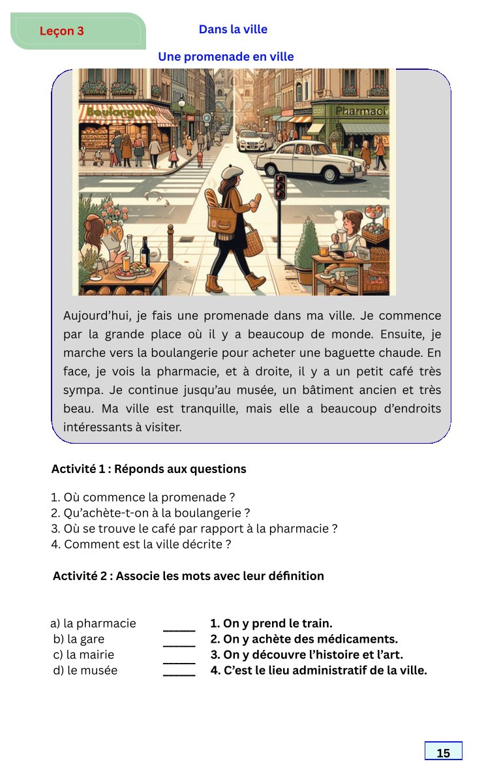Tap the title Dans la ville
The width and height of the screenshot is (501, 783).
coord(233,29)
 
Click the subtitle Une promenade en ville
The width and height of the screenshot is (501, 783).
coord(226,57)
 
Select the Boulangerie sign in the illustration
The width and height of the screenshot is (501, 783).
coord(121,112)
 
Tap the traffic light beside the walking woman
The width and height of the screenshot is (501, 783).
coord(281,187)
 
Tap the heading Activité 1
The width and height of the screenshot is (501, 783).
coord(149,469)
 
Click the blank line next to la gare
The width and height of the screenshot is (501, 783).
coord(179,641)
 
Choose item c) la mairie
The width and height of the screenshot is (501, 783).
coord(83,654)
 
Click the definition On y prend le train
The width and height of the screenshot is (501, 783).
coord(271,623)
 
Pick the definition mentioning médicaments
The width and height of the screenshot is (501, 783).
coord(304,639)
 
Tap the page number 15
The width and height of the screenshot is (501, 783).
coord(443,752)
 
